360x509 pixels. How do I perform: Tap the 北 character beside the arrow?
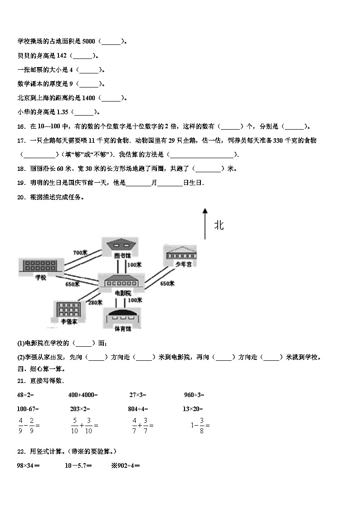pyautogui.click(x=219, y=225)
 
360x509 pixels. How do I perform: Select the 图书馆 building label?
pyautogui.click(x=122, y=256)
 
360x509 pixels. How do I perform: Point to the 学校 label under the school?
pyautogui.click(x=40, y=277)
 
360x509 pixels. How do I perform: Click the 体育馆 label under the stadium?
pyautogui.click(x=122, y=329)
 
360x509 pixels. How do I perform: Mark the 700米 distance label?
pyautogui.click(x=80, y=252)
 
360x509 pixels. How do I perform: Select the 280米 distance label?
pyautogui.click(x=95, y=303)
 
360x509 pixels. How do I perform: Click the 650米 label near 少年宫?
pyautogui.click(x=167, y=284)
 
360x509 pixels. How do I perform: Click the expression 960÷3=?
pyautogui.click(x=194, y=395)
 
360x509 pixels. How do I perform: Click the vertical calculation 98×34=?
pyautogui.click(x=28, y=465)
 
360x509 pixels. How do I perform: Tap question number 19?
pyautogui.click(x=21, y=183)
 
